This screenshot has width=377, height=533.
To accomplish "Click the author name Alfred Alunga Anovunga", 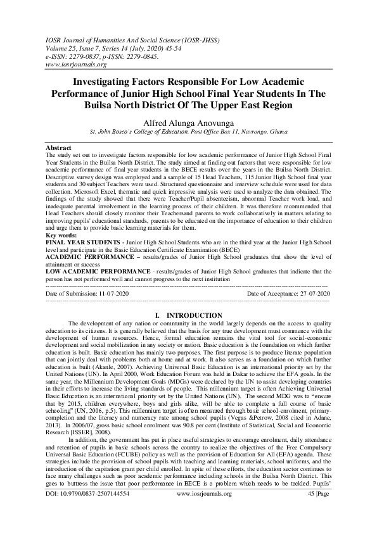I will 188,122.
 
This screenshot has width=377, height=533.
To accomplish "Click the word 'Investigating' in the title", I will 108,82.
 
